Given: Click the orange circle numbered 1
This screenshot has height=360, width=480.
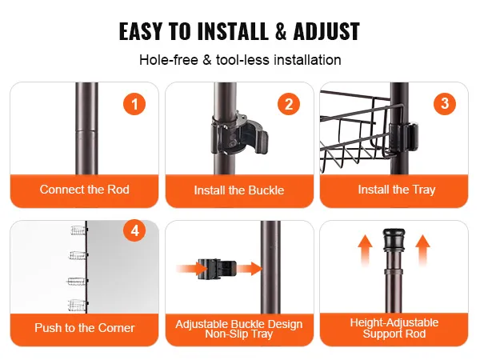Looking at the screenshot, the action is pyautogui.click(x=134, y=104).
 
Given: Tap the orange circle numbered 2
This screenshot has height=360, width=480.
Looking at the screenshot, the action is pyautogui.click(x=289, y=104).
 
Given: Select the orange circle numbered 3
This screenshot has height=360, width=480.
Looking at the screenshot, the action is pyautogui.click(x=445, y=104).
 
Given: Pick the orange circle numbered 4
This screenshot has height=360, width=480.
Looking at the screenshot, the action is pyautogui.click(x=134, y=231).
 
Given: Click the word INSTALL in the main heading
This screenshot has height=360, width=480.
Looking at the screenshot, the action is pyautogui.click(x=233, y=31).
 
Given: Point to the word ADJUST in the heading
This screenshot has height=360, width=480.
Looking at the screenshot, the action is pyautogui.click(x=326, y=31).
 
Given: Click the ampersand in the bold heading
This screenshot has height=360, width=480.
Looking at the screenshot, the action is pyautogui.click(x=281, y=31).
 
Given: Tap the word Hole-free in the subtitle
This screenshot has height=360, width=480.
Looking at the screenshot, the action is pyautogui.click(x=169, y=60).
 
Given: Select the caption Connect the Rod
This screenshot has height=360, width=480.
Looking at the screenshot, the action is pyautogui.click(x=85, y=190).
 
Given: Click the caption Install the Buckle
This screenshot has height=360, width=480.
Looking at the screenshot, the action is pyautogui.click(x=239, y=190).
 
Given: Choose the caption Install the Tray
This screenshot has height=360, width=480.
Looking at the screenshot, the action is pyautogui.click(x=397, y=190).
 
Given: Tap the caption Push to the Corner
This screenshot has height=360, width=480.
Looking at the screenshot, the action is pyautogui.click(x=85, y=328).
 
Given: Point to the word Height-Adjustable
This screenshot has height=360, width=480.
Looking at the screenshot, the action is pyautogui.click(x=394, y=322).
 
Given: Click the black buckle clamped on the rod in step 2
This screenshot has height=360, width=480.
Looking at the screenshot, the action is pyautogui.click(x=238, y=133).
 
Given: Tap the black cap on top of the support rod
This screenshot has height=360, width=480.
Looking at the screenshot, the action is pyautogui.click(x=394, y=237).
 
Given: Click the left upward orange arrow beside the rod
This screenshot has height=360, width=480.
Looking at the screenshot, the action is pyautogui.click(x=366, y=250).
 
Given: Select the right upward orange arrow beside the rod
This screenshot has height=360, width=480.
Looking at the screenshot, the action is pyautogui.click(x=422, y=250).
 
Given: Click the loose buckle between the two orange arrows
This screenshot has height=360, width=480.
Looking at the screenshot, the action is pyautogui.click(x=217, y=269).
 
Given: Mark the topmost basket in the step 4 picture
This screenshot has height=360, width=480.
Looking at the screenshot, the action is pyautogui.click(x=78, y=230).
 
